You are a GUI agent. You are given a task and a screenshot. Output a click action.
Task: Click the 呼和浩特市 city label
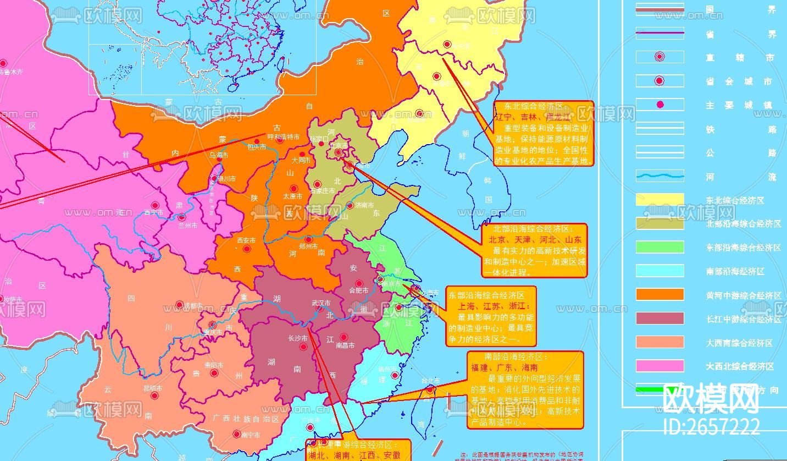284,136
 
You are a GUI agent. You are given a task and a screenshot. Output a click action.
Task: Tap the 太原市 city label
292,196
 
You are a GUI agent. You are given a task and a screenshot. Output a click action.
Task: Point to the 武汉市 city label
321,303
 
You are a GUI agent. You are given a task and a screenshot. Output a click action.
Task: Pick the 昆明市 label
153,388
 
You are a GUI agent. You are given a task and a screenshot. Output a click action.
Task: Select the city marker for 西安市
247,249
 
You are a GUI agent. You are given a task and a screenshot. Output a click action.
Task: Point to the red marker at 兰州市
182,217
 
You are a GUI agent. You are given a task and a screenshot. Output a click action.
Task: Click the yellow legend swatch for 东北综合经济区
659,200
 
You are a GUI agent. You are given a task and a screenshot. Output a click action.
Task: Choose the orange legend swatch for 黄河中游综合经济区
659,294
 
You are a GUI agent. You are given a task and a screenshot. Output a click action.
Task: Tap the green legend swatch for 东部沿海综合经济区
659,247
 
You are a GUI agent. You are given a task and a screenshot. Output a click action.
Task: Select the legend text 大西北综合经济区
740,366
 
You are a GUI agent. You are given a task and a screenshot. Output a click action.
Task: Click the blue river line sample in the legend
659,177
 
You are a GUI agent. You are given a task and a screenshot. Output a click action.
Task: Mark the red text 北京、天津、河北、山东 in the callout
535,240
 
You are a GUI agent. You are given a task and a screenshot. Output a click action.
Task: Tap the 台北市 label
430,381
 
